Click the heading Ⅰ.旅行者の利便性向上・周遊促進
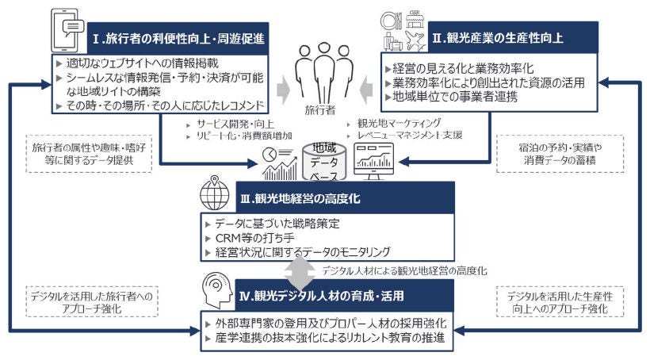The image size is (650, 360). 178,39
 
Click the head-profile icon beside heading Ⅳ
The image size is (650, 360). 220,290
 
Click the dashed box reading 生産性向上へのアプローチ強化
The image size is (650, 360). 559,302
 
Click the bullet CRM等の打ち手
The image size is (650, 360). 250,238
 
